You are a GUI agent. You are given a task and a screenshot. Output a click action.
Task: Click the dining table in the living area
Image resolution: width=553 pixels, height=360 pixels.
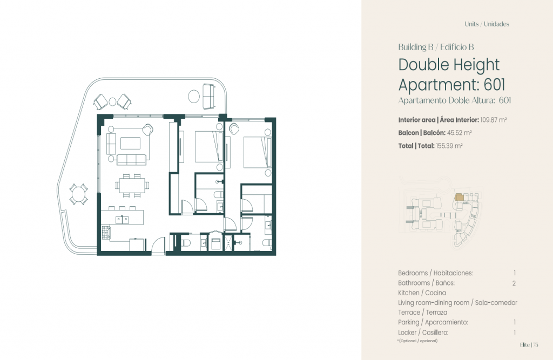[x=132, y=185]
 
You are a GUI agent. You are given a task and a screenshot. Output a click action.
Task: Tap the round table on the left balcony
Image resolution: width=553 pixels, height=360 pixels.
[x=78, y=194]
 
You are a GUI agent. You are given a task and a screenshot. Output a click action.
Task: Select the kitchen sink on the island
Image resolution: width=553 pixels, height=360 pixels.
[x=122, y=220]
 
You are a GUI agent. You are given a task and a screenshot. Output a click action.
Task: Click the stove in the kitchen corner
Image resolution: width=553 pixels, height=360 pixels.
[x=106, y=233]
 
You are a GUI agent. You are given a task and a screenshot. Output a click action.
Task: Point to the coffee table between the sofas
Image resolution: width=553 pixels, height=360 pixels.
[x=131, y=143]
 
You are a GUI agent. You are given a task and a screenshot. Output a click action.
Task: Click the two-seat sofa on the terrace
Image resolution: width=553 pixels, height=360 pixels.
[x=209, y=96]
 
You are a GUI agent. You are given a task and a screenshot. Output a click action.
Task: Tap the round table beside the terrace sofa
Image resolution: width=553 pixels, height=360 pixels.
[x=194, y=96]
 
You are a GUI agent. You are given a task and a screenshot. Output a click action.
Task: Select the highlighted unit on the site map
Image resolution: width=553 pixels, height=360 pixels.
[x=458, y=197]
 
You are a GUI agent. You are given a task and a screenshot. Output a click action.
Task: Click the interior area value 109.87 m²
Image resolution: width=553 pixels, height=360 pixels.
[x=494, y=120]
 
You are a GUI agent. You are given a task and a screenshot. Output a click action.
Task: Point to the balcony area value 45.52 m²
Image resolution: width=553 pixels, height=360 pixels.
[x=459, y=133]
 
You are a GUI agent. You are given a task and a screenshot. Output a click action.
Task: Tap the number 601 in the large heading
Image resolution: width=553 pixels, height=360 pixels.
[x=495, y=85]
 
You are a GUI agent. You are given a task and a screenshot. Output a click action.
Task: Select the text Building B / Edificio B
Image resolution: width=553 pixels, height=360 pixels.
[x=436, y=47]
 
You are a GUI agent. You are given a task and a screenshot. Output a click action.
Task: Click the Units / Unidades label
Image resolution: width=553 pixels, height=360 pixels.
[x=487, y=24]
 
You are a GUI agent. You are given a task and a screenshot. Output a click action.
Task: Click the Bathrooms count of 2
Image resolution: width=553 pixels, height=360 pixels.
[x=514, y=283]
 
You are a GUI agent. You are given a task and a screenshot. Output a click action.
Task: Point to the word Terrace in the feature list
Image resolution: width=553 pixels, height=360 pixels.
[x=409, y=313]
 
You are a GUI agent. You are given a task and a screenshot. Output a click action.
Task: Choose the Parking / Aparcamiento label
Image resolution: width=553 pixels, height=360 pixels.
[x=433, y=322]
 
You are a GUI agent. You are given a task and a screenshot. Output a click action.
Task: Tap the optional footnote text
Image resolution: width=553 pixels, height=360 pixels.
[x=417, y=341]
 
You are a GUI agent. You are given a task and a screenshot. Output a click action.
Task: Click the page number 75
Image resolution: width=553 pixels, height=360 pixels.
[x=536, y=345]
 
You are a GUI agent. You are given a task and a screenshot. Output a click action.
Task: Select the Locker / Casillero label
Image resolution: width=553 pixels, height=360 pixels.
[x=423, y=332]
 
